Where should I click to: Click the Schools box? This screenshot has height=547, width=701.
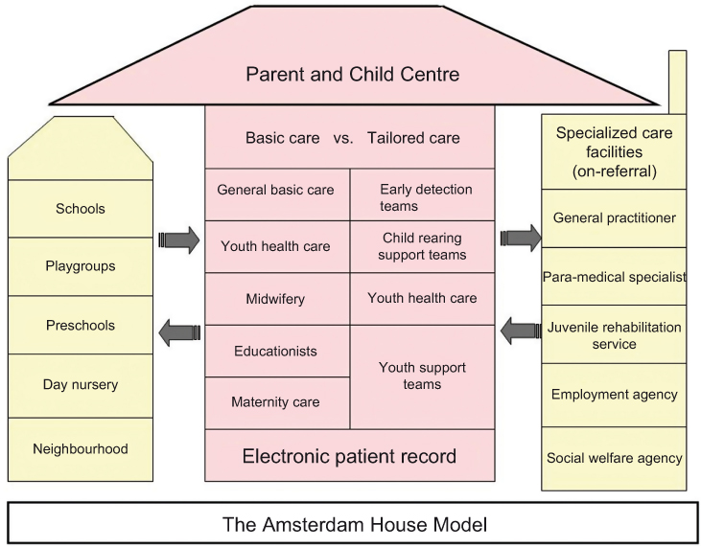point(81,208)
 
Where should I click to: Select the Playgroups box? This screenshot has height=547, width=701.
point(81,266)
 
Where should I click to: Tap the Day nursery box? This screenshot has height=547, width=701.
point(81,385)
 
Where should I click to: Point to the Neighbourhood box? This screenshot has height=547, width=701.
point(81,448)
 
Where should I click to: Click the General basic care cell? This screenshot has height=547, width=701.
point(276,190)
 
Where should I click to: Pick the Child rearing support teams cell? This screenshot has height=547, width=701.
point(422,246)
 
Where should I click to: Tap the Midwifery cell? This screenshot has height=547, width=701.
point(276,299)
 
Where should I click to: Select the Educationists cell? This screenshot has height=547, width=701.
point(276,351)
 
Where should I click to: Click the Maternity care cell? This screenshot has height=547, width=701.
point(276,401)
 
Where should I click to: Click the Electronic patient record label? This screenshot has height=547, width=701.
point(350,456)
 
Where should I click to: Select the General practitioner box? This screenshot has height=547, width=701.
point(614,217)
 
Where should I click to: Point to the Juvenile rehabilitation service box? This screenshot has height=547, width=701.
point(614,335)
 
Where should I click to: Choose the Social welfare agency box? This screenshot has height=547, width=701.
point(614,458)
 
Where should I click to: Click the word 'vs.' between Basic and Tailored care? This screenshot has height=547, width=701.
point(343,138)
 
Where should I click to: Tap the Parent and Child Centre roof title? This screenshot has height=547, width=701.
point(352,74)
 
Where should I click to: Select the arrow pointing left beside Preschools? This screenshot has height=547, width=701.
point(176,332)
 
